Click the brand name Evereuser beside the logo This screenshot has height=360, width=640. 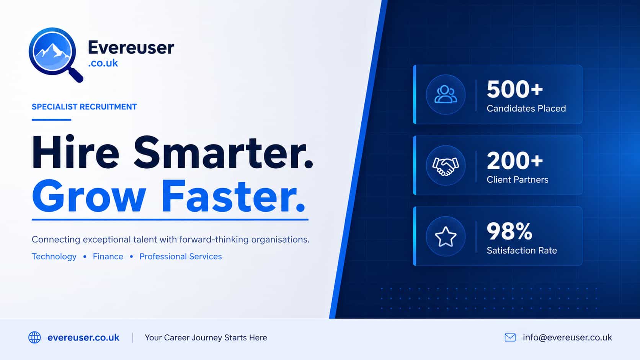coord(131,47)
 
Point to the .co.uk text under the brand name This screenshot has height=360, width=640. coord(103,63)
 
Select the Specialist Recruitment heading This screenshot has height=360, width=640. coord(84,107)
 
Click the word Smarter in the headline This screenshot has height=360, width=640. coord(223,152)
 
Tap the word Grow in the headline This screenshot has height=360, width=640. coord(89,196)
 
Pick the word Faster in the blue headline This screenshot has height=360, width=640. coord(233,196)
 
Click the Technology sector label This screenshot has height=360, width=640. coord(54,256)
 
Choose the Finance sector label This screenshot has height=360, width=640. coord(108,256)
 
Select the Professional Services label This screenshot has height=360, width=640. coord(181,256)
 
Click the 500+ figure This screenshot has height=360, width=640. coord(515,89)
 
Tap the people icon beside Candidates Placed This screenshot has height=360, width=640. coord(446,94)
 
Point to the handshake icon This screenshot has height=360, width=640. coord(446,166)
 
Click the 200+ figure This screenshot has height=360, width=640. coord(515,160)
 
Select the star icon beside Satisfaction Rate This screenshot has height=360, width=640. coord(446,236)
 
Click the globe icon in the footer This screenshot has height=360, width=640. coord(34,337)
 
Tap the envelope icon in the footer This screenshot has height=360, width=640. coord(510,337)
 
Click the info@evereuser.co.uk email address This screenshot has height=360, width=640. coord(567,337)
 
